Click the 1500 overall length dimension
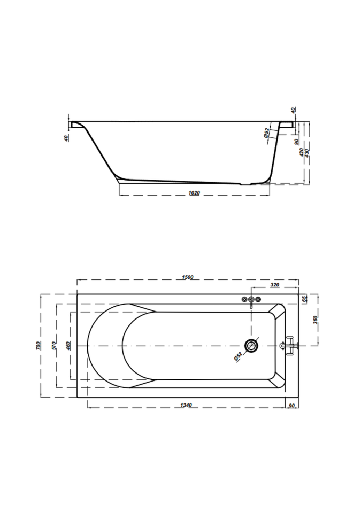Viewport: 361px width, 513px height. coord(188,277)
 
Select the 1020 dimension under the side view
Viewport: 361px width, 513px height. coord(194,193)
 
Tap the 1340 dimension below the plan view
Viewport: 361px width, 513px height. coord(186,405)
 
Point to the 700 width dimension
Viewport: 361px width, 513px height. coord(39,346)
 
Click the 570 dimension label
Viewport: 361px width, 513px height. coord(54,346)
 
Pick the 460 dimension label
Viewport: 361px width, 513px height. coord(68,346)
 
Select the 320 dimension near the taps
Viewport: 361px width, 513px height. coord(275,285)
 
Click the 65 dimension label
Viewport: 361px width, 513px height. coord(304,299)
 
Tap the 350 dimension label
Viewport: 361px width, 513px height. coord(315,320)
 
